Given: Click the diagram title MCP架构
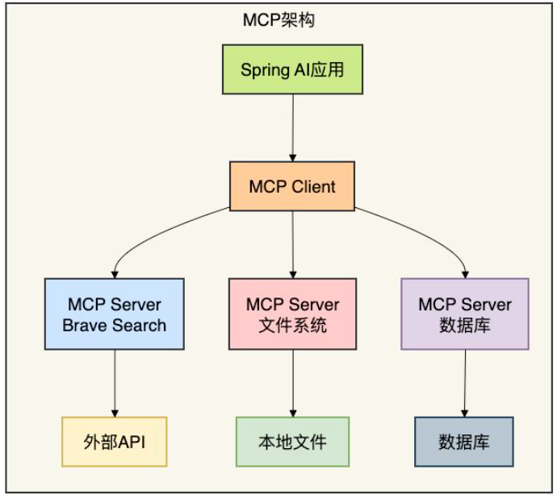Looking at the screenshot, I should pyautogui.click(x=278, y=20).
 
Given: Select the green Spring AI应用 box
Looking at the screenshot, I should pyautogui.click(x=292, y=69).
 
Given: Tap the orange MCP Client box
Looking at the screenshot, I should pyautogui.click(x=292, y=187).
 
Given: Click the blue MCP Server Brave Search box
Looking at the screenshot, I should pyautogui.click(x=115, y=314).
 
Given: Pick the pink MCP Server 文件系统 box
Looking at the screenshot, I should pyautogui.click(x=292, y=314).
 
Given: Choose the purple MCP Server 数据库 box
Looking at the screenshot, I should pyautogui.click(x=465, y=314).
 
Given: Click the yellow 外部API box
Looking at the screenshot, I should pyautogui.click(x=115, y=442).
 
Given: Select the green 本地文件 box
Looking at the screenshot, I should pyautogui.click(x=292, y=442).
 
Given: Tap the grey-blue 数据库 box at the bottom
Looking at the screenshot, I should pyautogui.click(x=464, y=442).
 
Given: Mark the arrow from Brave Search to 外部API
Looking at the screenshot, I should pyautogui.click(x=115, y=383).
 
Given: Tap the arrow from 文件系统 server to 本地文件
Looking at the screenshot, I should pyautogui.click(x=292, y=383).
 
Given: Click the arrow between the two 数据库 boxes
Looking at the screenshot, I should pyautogui.click(x=465, y=383).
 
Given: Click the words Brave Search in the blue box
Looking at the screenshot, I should pyautogui.click(x=115, y=326).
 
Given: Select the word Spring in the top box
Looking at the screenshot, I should pyautogui.click(x=262, y=69).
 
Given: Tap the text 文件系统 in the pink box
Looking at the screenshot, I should pyautogui.click(x=292, y=326).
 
